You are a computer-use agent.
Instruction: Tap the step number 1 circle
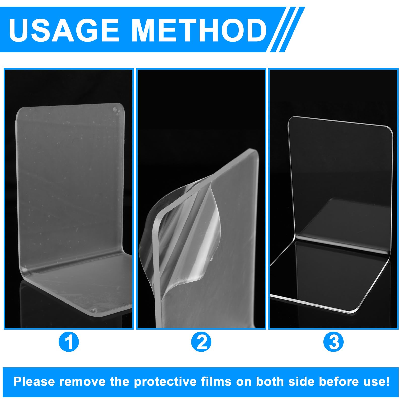pos(69,342)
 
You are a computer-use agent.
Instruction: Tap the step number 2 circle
pos(201,342)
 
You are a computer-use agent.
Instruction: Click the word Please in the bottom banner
pos(34,382)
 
